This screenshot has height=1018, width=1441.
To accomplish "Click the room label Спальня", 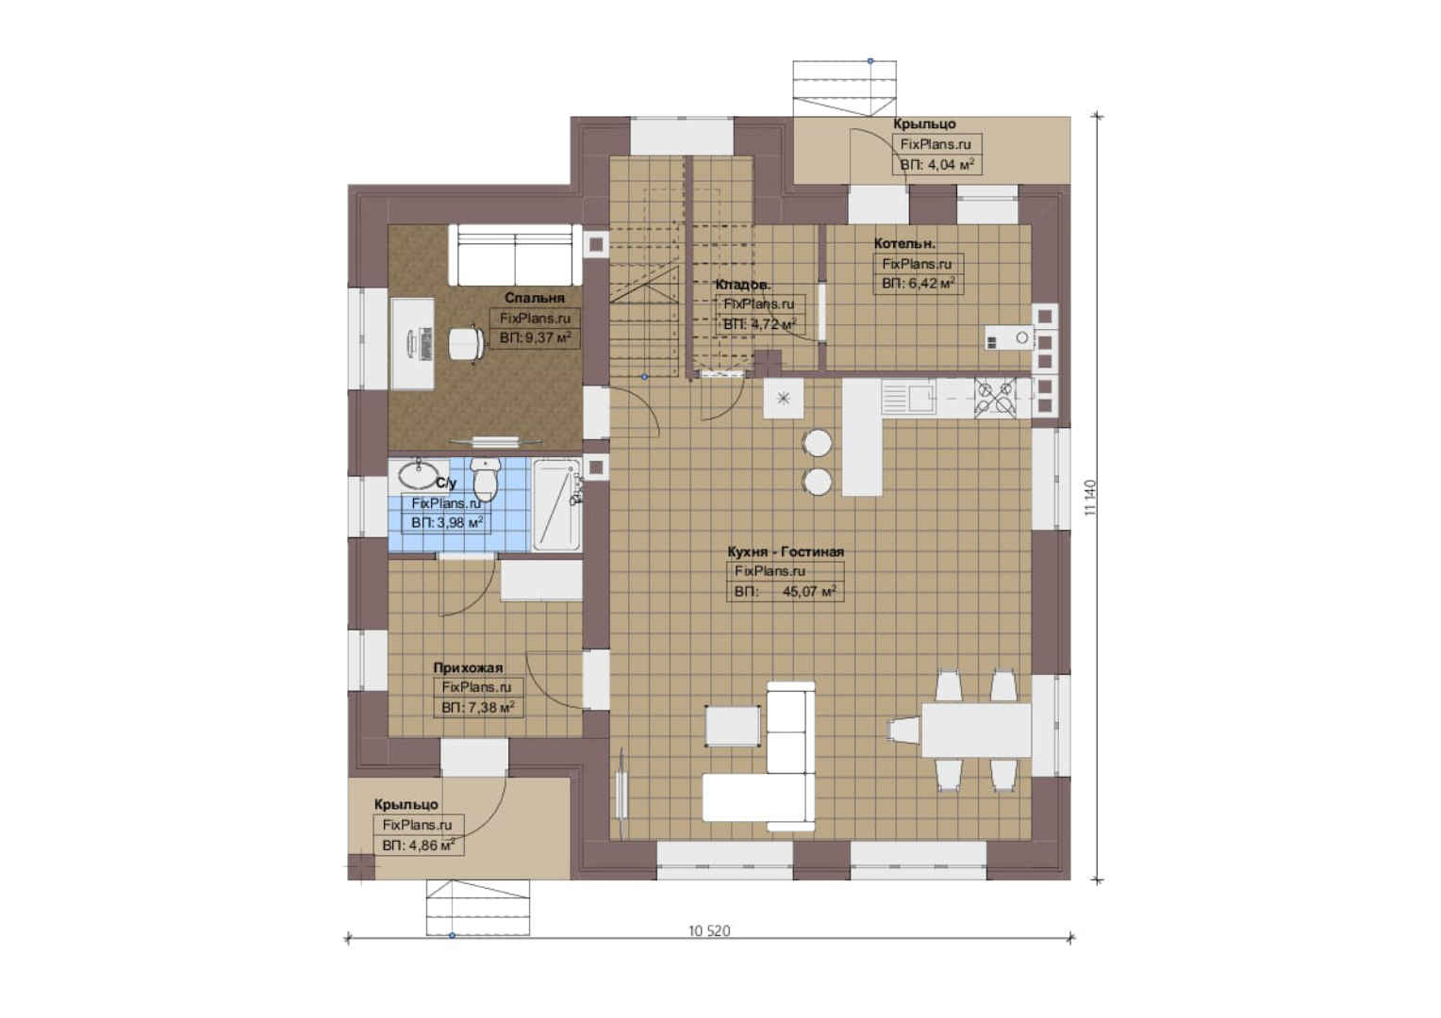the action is click(535, 298).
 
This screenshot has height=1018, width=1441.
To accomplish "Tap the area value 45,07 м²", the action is click(809, 591).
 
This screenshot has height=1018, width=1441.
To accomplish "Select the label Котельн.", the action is click(904, 244).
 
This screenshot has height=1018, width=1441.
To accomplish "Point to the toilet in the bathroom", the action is click(485, 479).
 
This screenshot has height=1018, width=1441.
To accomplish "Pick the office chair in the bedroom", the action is click(466, 343).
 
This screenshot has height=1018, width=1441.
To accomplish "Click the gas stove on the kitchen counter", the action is click(995, 398).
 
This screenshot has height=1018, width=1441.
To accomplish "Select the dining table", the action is click(976, 730).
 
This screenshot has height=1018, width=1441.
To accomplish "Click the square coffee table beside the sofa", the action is click(734, 726).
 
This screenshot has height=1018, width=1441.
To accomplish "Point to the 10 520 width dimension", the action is click(709, 930).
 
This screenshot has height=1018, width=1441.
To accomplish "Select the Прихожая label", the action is click(468, 667).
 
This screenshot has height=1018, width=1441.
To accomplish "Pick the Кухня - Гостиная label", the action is click(786, 551).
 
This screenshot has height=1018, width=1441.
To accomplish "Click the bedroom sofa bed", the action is click(515, 254).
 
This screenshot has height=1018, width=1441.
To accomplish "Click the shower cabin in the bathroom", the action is click(556, 505).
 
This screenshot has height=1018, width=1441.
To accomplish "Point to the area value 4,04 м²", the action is click(951, 165).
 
